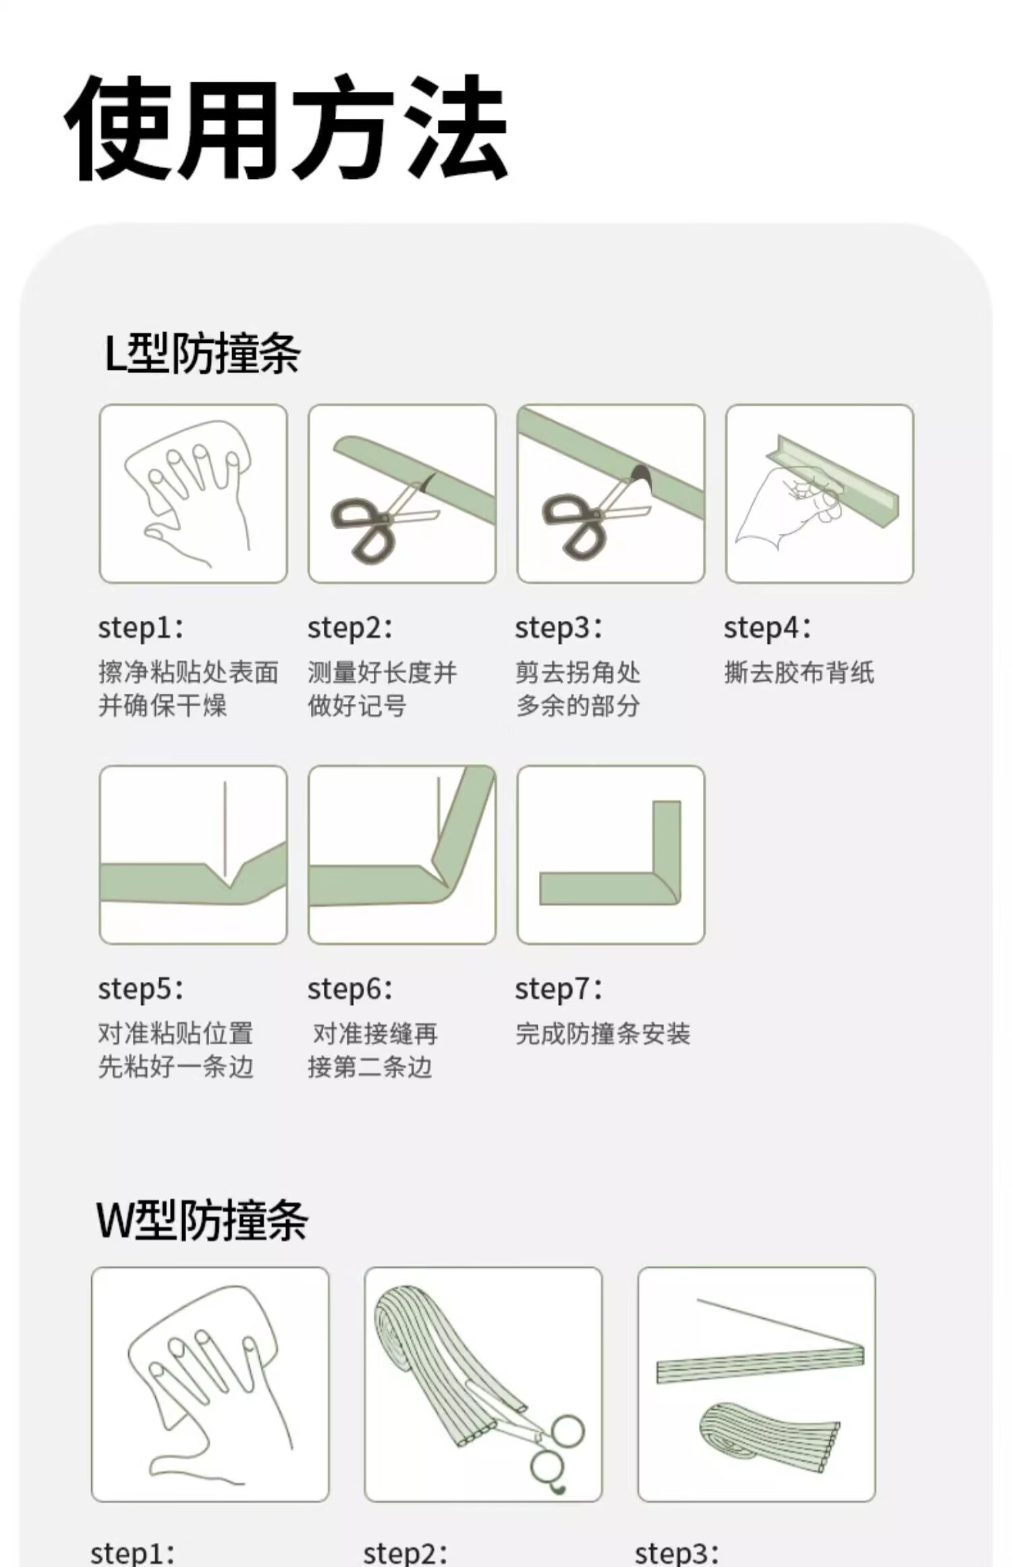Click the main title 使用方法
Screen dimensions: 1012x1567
pyautogui.click(x=286, y=128)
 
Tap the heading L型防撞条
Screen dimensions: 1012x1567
pyautogui.click(x=202, y=354)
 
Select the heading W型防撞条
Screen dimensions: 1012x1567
pyautogui.click(x=202, y=1220)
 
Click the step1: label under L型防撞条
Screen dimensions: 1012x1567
pyautogui.click(x=141, y=628)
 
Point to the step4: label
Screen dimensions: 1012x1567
pyautogui.click(x=767, y=628)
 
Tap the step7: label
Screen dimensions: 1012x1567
pyautogui.click(x=559, y=989)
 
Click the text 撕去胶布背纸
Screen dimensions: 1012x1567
pyautogui.click(x=799, y=673)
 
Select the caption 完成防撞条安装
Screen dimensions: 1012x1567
pyautogui.click(x=603, y=1034)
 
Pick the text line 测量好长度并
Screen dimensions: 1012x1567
pyautogui.click(x=383, y=673)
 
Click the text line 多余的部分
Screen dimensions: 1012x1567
pyautogui.click(x=578, y=706)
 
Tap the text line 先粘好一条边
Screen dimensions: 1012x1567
pyautogui.click(x=176, y=1067)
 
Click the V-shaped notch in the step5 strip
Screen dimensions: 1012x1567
pyautogui.click(x=229, y=877)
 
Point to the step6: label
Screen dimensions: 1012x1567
pyautogui.click(x=350, y=989)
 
